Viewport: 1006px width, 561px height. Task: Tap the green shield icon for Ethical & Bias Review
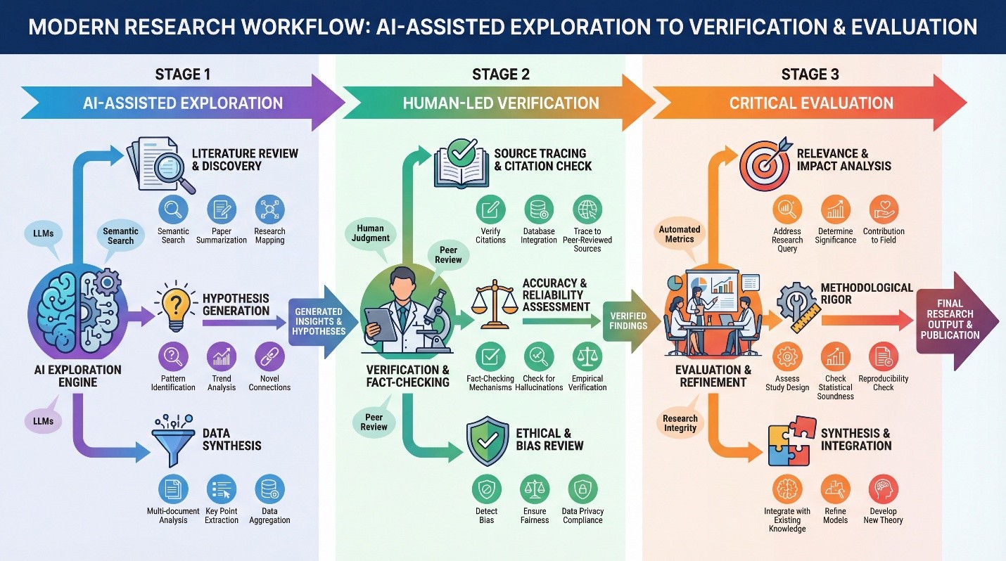pos(488,441)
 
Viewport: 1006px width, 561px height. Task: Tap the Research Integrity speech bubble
pos(680,423)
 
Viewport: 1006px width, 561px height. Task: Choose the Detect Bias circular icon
pos(486,489)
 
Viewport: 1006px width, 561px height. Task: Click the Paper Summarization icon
pos(222,209)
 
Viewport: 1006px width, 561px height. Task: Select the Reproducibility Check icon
pos(883,357)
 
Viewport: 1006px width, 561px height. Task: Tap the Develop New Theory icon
pos(882,490)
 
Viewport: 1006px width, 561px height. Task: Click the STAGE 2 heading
pos(501,74)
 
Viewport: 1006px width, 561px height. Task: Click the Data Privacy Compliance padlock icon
pos(582,489)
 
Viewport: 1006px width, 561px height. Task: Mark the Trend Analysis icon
pos(222,356)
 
